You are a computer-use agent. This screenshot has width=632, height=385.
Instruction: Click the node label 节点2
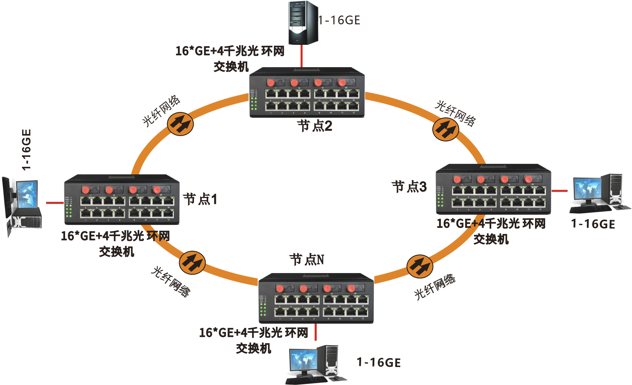[x=315, y=126]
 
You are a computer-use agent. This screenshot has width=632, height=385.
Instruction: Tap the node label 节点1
[x=200, y=199]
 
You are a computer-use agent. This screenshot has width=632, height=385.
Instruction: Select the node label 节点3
[x=409, y=187]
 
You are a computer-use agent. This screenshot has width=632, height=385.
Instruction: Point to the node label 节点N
[x=307, y=260]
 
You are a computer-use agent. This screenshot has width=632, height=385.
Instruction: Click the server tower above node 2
[x=303, y=23]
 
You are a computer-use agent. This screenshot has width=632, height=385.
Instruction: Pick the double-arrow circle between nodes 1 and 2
[x=180, y=124]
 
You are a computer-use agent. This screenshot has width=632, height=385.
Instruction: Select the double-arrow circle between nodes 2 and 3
[x=446, y=129]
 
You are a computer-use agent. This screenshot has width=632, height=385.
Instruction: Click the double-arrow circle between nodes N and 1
[x=192, y=263]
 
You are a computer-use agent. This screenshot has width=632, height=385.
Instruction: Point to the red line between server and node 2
[x=301, y=56]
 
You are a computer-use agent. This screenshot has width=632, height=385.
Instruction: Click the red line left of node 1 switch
[x=55, y=203]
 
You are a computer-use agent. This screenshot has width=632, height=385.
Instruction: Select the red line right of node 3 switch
[x=559, y=191]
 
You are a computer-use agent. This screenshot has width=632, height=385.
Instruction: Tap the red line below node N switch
[x=316, y=332]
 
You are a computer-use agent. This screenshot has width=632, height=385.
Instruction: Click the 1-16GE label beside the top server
[x=339, y=20]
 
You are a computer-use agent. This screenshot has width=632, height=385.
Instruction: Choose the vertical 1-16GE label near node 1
[x=26, y=149]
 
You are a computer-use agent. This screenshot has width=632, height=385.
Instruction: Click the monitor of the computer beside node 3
[x=587, y=189]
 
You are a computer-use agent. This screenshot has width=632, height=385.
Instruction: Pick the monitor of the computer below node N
[x=303, y=360]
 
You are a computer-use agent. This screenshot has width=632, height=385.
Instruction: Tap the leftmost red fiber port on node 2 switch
[x=271, y=83]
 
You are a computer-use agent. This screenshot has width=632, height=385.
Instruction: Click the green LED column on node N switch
[x=262, y=310]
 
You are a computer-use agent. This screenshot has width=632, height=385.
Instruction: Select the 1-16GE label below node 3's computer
[x=593, y=224]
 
